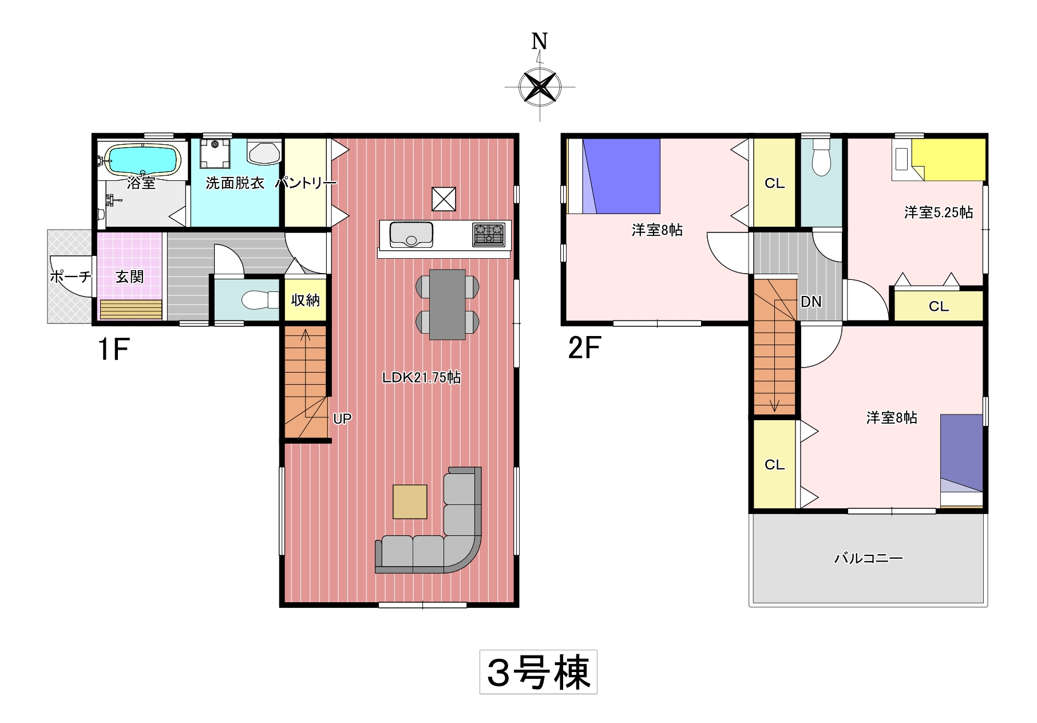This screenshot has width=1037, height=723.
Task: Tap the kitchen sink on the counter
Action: (x=411, y=235)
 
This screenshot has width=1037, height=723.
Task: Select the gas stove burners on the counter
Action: (x=489, y=235)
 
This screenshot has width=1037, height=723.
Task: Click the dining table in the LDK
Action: (x=447, y=305)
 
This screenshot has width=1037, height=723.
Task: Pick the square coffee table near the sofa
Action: (x=410, y=501)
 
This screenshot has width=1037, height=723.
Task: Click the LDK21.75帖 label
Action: (x=421, y=377)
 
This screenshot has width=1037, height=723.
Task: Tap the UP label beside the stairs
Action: (x=342, y=419)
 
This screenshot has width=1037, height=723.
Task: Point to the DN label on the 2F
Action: (x=811, y=302)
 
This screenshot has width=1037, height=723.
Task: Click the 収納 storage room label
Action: (x=305, y=300)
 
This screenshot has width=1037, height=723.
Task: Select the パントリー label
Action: (x=306, y=183)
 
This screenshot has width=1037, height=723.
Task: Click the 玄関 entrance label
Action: (x=130, y=277)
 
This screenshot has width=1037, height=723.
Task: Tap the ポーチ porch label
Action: (x=70, y=277)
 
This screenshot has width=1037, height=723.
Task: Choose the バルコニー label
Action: (x=868, y=558)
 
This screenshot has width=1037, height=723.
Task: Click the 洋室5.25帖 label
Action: (x=939, y=212)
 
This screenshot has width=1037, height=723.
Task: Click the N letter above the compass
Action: (x=540, y=41)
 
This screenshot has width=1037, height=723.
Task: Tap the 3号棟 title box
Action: (x=539, y=672)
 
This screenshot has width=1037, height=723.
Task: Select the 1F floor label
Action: (x=114, y=349)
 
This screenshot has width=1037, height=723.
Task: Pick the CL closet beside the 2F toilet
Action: (x=774, y=183)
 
